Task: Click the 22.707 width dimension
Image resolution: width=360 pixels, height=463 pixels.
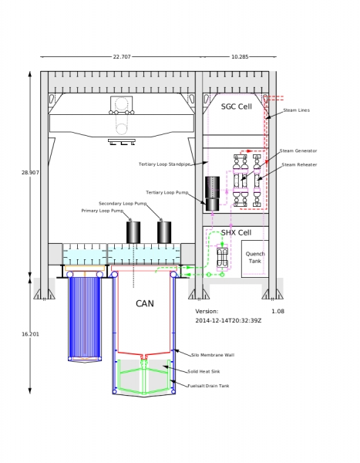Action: coord(122,56)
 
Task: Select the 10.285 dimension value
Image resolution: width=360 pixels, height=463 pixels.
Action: coord(240,56)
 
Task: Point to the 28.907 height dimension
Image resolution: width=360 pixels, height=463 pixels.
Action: coord(30,172)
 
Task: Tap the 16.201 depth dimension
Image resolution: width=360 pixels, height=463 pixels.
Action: coord(30,334)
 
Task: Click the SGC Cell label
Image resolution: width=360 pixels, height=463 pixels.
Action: coord(237,106)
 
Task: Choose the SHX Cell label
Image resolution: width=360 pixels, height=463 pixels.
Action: coord(236,233)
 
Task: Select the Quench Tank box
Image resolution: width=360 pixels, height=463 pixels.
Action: coord(255,259)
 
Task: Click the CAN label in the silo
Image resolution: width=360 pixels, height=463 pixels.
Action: coord(145,303)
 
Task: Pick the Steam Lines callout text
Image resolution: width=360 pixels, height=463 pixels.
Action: coord(296,110)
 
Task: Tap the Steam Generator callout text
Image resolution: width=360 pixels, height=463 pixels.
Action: coord(298,150)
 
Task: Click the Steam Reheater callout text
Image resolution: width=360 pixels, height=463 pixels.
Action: coord(299,164)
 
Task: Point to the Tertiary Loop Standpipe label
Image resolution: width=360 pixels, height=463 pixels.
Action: coord(164,164)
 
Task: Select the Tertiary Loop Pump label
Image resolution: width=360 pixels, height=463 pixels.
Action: coord(167,192)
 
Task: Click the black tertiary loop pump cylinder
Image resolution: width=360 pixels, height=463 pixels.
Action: coord(212,194)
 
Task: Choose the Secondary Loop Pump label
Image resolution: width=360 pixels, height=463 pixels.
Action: coord(123,204)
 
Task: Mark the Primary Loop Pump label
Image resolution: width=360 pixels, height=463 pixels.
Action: coord(103,211)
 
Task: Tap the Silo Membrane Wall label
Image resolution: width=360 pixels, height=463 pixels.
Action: coord(213,355)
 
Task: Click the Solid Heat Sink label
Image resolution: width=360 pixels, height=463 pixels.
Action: coord(204,371)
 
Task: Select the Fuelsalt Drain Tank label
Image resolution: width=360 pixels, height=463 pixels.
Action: coord(208,386)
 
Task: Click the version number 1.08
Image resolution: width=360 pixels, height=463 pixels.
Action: coord(278,311)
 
